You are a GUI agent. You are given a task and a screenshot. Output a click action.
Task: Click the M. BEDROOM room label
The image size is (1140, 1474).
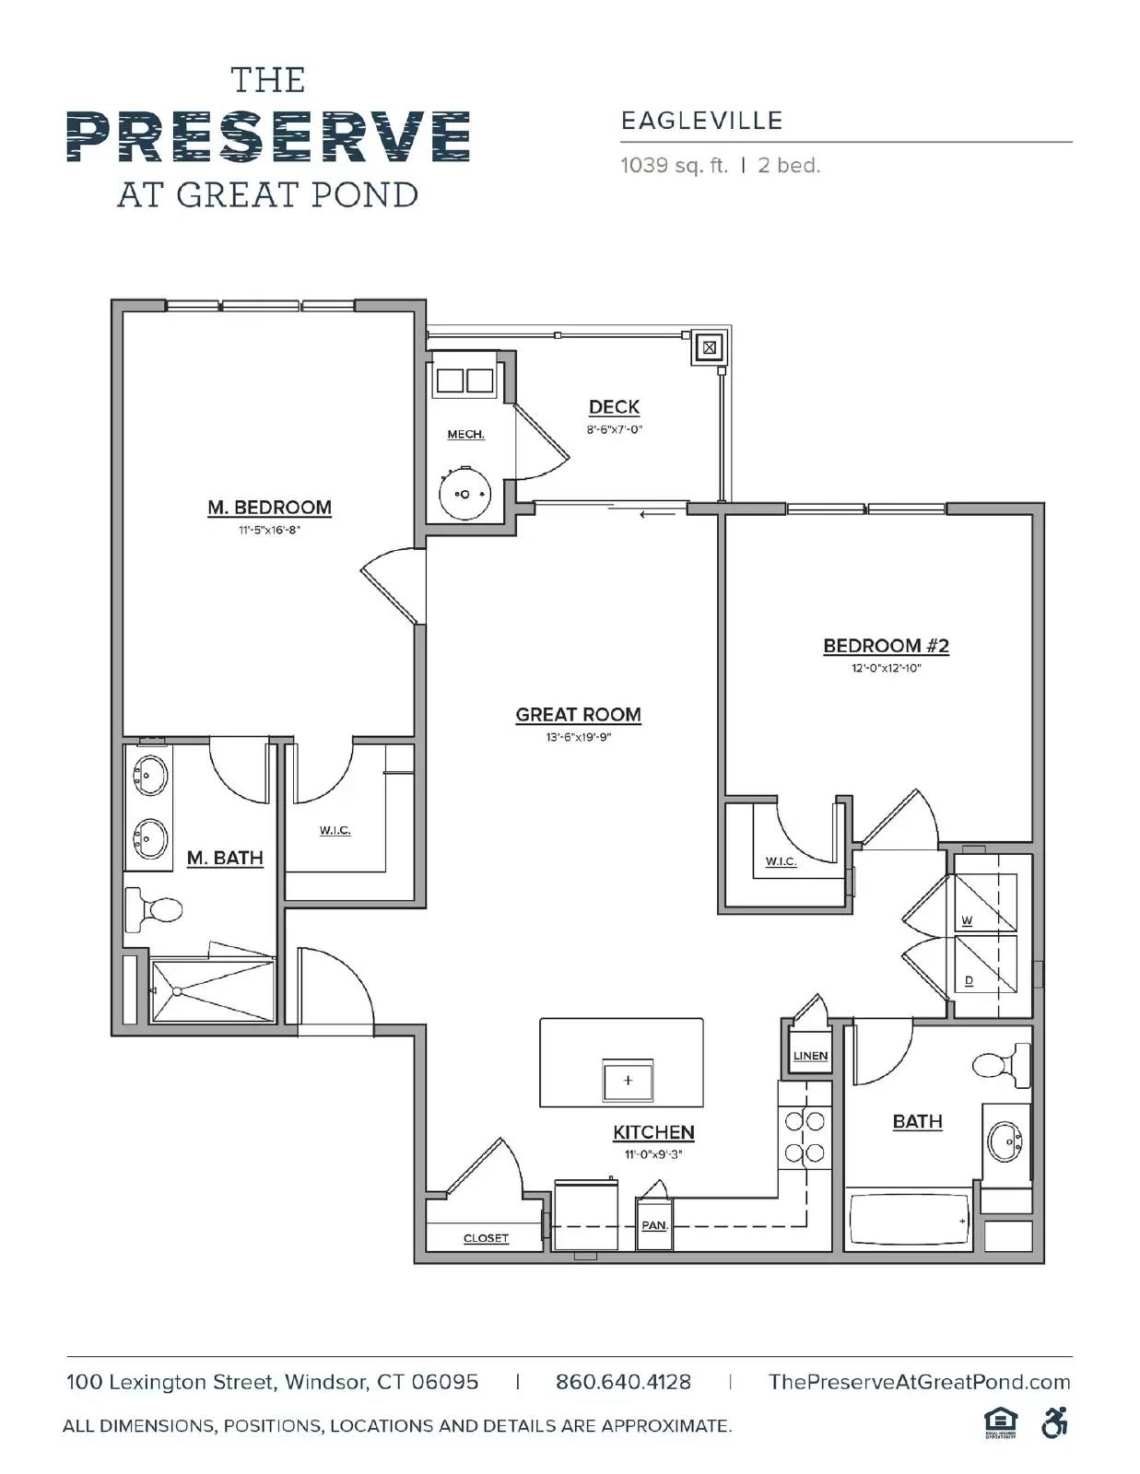coord(269,508)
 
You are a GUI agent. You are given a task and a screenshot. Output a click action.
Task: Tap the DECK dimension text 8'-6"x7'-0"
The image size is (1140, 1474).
coord(614,429)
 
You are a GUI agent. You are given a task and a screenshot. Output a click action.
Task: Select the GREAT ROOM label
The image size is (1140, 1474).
coord(578,715)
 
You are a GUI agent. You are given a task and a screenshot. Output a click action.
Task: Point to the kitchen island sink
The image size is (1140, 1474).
coord(628,1080)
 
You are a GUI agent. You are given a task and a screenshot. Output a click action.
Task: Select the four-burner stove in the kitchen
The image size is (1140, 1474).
coord(805,1137)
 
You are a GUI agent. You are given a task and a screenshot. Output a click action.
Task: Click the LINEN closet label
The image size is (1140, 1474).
coord(810,1056)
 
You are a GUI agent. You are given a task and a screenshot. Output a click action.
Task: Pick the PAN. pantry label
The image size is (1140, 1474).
coord(653,1225)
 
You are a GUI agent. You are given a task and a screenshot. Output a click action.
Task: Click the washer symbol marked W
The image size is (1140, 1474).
coord(984,906)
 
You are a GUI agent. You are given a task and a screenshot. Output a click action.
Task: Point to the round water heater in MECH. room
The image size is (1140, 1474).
coord(464,495)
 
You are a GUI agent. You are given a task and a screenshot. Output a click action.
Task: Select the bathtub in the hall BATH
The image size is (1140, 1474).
coord(909,1222)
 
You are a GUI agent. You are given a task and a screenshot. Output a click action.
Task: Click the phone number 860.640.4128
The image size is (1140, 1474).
coord(623,1382)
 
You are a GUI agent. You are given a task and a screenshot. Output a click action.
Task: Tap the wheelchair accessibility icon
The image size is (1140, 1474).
coord(1054,1423)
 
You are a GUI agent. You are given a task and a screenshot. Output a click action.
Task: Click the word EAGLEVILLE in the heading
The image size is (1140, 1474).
coord(701,121)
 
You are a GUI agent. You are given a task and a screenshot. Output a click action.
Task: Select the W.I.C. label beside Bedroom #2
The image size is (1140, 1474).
coord(780,861)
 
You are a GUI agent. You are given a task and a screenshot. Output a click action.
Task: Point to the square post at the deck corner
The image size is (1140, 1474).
coord(709,348)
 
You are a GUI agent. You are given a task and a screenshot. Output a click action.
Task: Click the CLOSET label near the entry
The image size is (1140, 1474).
coord(486,1238)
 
